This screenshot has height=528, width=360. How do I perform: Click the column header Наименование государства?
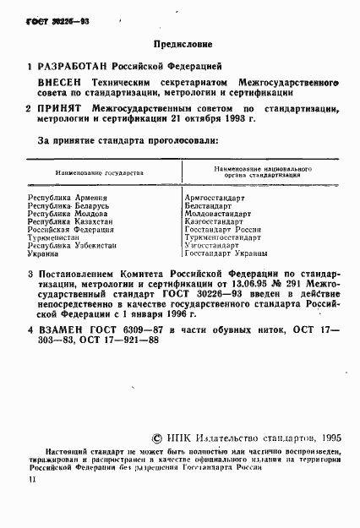[x=100, y=172]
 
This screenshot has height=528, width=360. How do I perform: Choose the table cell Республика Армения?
[x=62, y=196]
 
